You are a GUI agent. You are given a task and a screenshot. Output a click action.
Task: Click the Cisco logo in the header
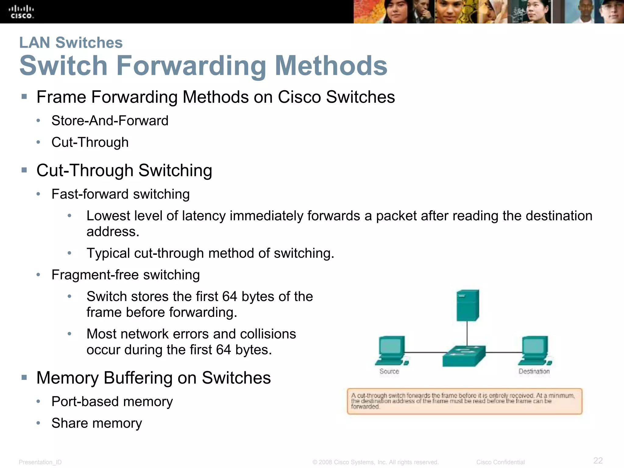point(21,12)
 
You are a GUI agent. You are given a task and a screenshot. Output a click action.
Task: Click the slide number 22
point(598,460)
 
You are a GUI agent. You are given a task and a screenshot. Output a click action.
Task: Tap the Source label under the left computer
point(389,371)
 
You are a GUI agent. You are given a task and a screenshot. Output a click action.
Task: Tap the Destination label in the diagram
point(534,371)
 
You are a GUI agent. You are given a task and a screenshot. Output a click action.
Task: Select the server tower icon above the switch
point(467,305)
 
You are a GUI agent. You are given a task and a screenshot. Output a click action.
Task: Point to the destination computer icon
point(535,350)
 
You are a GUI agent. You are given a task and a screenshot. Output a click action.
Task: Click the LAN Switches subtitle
point(71,42)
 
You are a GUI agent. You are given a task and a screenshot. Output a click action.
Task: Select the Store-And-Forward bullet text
point(110,121)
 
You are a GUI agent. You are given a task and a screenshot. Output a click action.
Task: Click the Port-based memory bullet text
point(112,402)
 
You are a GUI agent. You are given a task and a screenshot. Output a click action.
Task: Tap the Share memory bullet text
point(97,423)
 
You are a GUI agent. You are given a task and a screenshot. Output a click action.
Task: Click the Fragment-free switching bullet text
point(126,275)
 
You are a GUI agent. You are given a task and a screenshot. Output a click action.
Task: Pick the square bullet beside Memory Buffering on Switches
point(24,378)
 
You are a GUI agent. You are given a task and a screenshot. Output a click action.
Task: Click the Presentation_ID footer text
point(40,462)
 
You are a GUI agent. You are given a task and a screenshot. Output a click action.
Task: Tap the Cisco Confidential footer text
point(500,462)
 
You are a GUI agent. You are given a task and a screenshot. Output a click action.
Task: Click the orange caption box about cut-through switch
point(464,401)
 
